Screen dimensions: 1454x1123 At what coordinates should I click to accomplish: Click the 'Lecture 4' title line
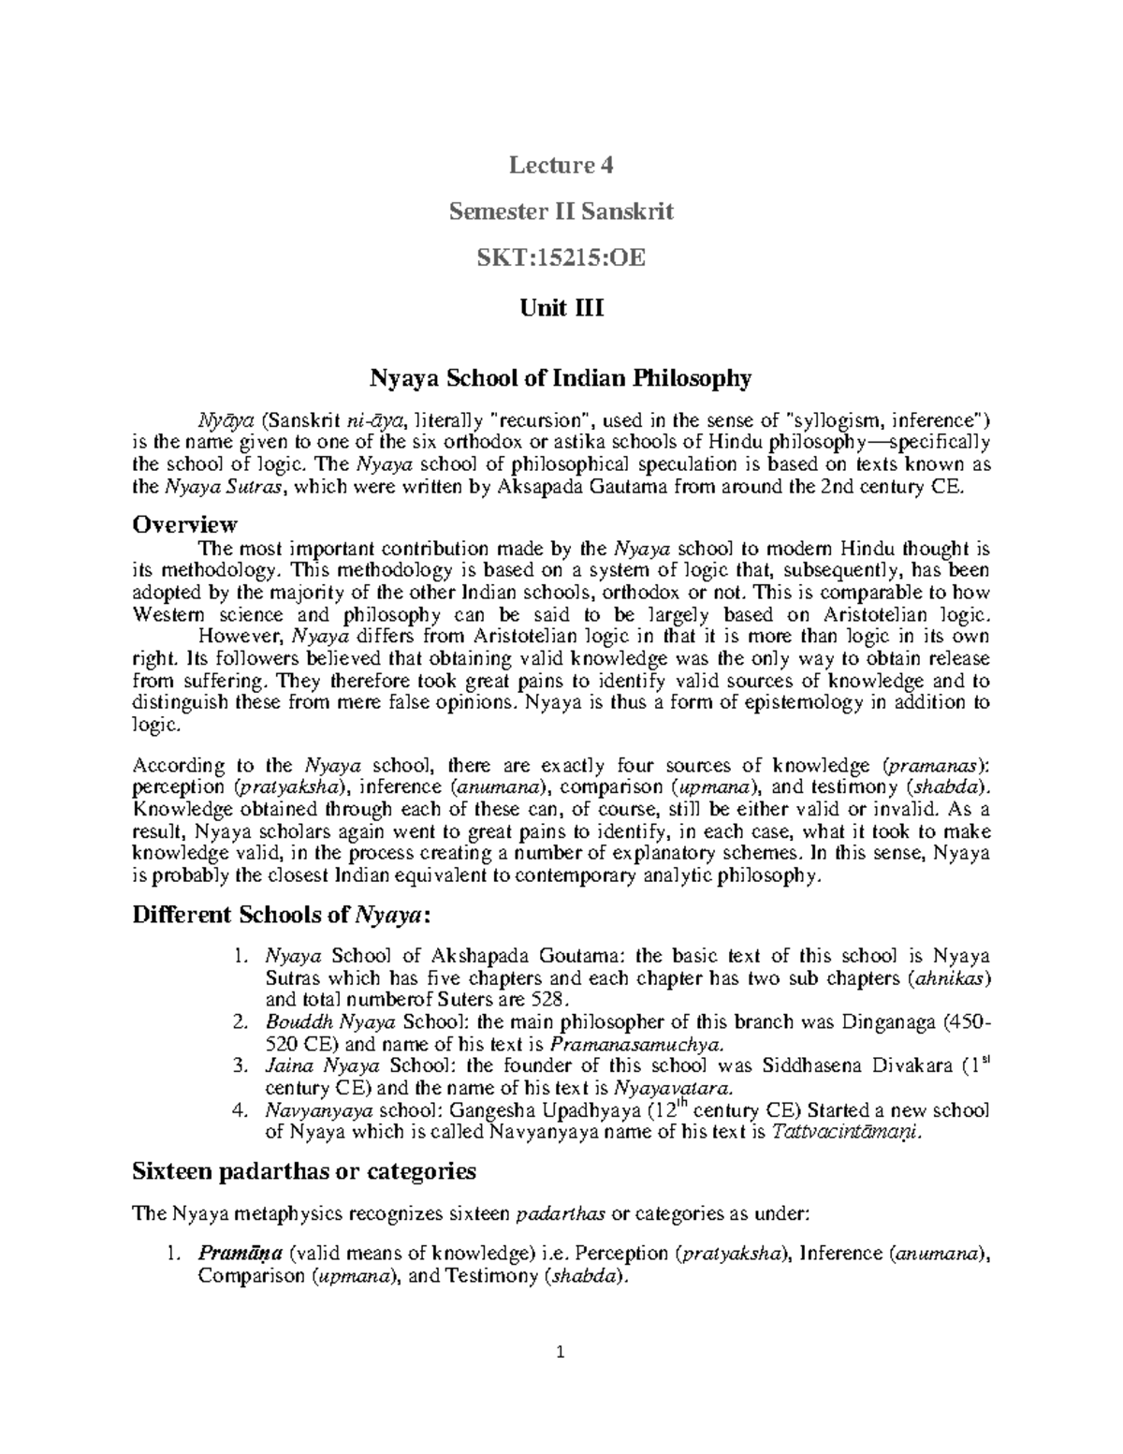[561, 167]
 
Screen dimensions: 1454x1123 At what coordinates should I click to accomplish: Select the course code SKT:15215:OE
[561, 257]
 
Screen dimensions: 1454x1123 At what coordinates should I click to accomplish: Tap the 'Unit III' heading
[561, 308]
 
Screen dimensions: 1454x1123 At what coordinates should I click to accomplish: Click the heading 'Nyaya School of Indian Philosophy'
[561, 379]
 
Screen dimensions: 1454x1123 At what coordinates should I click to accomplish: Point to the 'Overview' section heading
[184, 524]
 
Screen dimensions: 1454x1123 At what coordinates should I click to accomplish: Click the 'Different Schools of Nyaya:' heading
[282, 915]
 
